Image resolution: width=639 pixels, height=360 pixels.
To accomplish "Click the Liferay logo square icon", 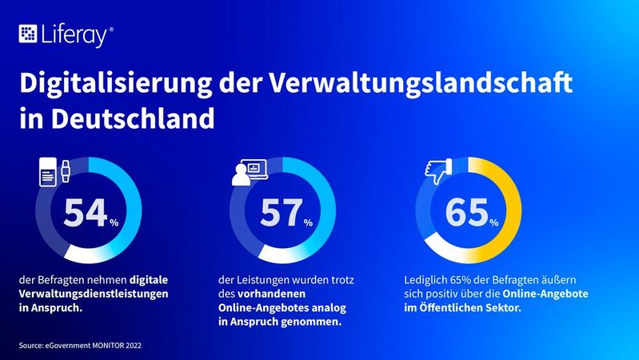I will pos(28,34).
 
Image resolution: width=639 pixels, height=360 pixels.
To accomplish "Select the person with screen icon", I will pos(249,172).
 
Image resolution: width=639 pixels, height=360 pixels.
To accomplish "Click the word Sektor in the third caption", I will pos(500,308).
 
